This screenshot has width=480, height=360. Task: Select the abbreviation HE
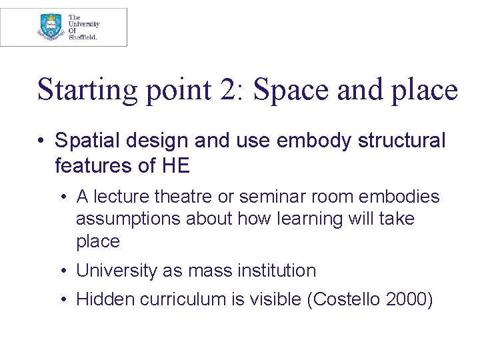coord(176,164)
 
